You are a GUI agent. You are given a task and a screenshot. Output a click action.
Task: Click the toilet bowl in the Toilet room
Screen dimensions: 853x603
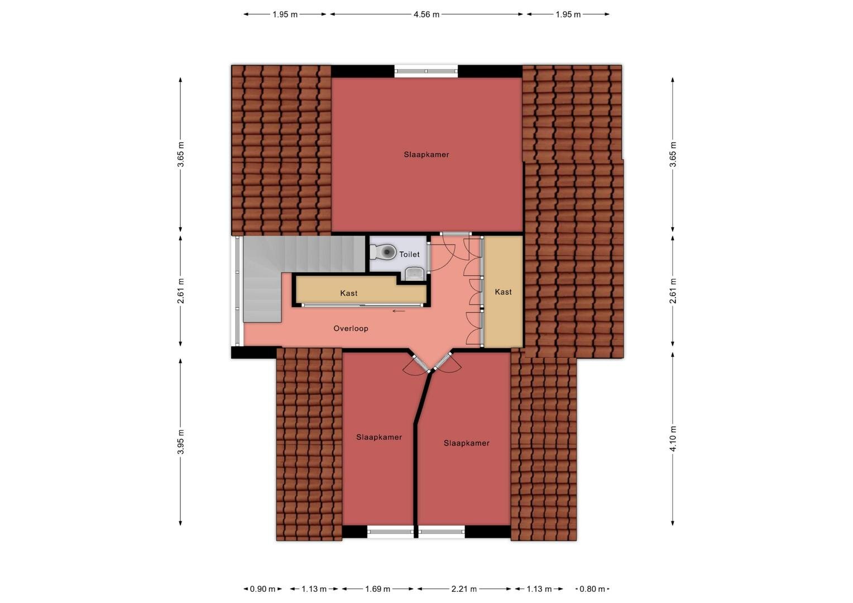[x=382, y=252]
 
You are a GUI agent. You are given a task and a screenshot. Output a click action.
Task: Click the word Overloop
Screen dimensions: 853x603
[x=351, y=328]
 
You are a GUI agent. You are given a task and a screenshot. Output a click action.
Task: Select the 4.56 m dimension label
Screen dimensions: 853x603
[x=426, y=15]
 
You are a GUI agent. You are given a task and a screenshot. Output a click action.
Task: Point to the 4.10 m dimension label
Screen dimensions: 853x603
[x=673, y=438]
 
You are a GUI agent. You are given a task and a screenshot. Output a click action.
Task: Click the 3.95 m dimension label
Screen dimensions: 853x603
[x=181, y=442]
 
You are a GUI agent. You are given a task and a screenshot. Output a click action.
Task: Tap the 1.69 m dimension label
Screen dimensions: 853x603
[x=377, y=589]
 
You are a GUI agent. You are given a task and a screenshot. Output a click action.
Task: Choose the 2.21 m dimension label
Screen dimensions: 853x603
[x=464, y=589]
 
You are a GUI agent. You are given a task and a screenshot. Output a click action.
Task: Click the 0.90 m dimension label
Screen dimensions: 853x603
[x=262, y=589]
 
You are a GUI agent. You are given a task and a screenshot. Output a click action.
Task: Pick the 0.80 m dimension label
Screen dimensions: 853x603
[x=592, y=589]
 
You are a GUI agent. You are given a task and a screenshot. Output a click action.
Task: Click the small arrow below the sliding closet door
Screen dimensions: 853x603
[x=399, y=311]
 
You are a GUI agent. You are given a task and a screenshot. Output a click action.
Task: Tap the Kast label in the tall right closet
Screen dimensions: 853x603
[x=503, y=292]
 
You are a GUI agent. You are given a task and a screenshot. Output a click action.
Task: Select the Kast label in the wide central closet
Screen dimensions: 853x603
[x=349, y=293]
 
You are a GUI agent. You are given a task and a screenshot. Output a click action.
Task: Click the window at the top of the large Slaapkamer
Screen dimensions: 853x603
[x=426, y=71]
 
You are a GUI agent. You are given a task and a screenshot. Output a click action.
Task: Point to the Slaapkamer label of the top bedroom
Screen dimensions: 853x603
[x=426, y=155]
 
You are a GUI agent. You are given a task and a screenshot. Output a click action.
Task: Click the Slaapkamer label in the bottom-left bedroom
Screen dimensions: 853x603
[x=379, y=437]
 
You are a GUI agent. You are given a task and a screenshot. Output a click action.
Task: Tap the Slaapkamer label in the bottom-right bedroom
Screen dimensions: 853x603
[x=467, y=443]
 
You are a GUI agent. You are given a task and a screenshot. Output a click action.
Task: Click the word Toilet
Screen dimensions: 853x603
[x=409, y=254]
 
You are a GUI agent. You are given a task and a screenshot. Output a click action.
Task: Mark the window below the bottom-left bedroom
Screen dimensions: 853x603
[x=390, y=532]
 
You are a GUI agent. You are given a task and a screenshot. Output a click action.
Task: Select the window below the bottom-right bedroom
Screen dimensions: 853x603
[x=442, y=532]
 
